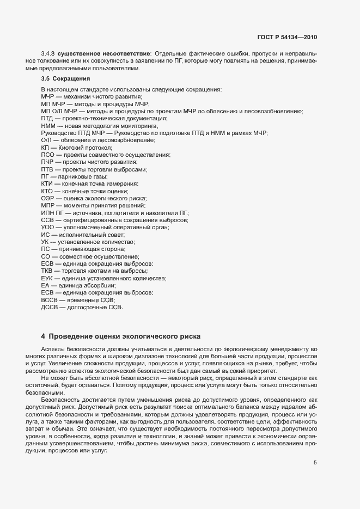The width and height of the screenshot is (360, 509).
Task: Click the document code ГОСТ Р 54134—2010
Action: (x=286, y=38)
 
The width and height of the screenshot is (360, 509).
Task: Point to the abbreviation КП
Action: (x=45, y=148)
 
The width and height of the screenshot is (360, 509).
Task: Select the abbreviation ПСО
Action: (x=47, y=155)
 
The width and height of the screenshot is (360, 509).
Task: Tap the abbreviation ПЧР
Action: (x=47, y=162)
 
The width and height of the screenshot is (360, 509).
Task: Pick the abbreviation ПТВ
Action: (x=47, y=169)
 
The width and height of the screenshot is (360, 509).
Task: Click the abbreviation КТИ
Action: (x=47, y=184)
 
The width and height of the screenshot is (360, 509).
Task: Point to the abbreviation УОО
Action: (x=47, y=227)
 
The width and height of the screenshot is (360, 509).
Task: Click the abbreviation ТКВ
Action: (x=47, y=271)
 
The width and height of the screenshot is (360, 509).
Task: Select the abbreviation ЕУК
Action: (x=47, y=278)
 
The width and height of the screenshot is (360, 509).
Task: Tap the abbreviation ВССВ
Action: (x=49, y=300)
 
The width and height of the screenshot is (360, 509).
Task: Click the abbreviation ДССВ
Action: (x=49, y=307)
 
